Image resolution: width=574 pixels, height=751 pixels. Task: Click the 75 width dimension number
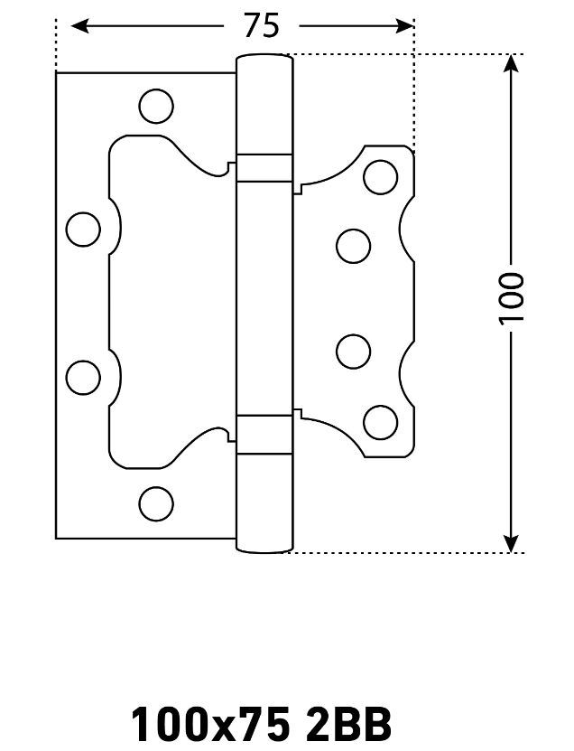tap(261, 25)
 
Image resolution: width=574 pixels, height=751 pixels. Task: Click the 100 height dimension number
tap(512, 298)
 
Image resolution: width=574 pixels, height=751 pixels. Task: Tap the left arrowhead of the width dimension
tap(79, 25)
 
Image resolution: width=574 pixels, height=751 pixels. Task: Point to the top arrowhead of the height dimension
tap(512, 63)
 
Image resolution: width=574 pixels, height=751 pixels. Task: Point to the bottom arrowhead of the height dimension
tap(512, 543)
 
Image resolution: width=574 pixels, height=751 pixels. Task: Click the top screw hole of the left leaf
tap(156, 106)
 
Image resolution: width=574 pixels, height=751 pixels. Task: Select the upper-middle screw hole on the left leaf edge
tap(83, 230)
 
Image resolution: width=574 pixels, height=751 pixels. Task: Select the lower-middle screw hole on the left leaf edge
tap(83, 378)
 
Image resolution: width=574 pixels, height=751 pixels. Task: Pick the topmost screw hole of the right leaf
tap(380, 177)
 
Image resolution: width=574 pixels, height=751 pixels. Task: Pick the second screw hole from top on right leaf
tap(354, 246)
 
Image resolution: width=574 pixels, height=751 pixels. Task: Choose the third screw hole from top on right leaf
tap(354, 352)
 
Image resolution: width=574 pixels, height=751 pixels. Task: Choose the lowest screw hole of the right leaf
tap(380, 422)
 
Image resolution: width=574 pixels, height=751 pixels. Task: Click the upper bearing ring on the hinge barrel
tap(264, 168)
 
